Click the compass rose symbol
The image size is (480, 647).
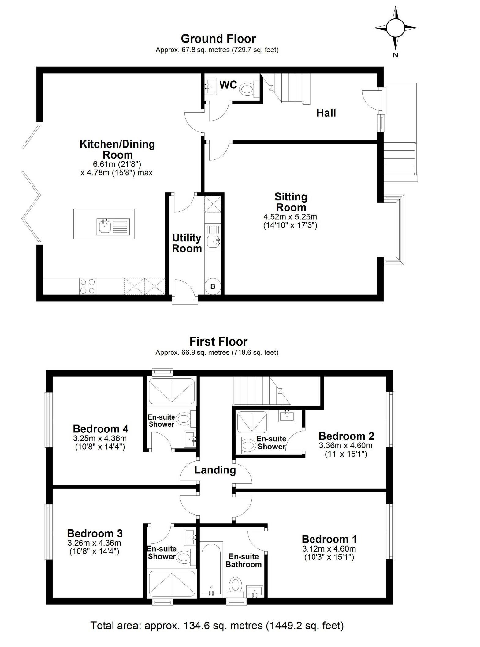point(395,28)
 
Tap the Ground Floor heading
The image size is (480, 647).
point(218,39)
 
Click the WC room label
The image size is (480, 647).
point(228,85)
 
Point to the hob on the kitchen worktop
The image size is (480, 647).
point(87,286)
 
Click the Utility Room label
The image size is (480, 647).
point(187,243)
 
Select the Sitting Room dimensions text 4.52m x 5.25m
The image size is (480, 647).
point(290,217)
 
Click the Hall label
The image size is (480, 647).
point(326,113)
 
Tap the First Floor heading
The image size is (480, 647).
point(218,341)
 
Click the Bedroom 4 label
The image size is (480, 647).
point(100,428)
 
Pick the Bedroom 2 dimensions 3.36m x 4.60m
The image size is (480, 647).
point(346,446)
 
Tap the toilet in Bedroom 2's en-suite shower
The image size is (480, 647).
point(248,445)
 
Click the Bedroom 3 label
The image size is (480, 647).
point(95,533)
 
